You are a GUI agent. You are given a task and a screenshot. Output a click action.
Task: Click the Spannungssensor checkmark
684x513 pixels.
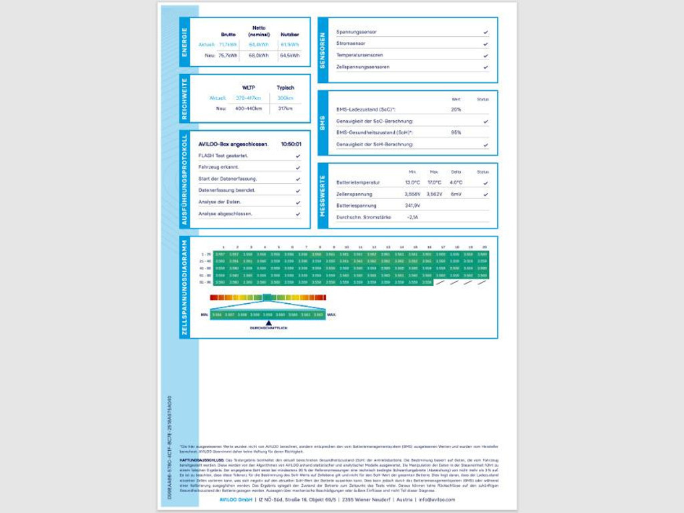(x=486, y=32)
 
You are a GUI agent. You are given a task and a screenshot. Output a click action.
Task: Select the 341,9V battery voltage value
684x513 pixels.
(x=412, y=206)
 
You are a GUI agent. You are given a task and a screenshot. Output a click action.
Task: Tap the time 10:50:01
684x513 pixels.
(x=291, y=144)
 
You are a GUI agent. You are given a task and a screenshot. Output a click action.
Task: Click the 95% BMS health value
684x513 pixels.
(x=456, y=132)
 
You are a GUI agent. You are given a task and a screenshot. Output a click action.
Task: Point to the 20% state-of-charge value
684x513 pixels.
(x=456, y=110)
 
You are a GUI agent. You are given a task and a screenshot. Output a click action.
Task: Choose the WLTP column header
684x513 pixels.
(x=250, y=88)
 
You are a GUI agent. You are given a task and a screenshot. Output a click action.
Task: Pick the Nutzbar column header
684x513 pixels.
(x=289, y=34)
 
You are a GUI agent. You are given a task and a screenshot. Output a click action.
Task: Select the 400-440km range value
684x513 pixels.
(x=249, y=108)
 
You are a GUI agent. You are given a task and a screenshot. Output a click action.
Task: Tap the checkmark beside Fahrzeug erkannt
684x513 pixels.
(x=298, y=167)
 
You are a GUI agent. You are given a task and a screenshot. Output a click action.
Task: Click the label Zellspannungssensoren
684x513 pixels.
(x=363, y=67)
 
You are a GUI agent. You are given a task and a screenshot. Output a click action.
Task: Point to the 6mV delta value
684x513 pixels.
(x=456, y=194)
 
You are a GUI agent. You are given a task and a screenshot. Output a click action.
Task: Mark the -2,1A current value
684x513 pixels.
(x=412, y=217)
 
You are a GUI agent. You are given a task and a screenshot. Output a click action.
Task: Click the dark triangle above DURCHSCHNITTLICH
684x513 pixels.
(x=269, y=323)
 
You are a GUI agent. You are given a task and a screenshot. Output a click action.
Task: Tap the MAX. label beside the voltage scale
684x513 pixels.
(x=332, y=314)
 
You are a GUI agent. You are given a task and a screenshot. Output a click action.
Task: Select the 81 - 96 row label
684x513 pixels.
(x=206, y=282)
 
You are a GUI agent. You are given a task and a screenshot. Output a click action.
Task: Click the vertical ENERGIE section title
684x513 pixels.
(x=185, y=42)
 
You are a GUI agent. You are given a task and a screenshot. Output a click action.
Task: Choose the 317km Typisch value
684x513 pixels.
(x=285, y=108)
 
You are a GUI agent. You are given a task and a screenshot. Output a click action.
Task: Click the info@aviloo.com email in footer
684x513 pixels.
(x=437, y=500)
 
